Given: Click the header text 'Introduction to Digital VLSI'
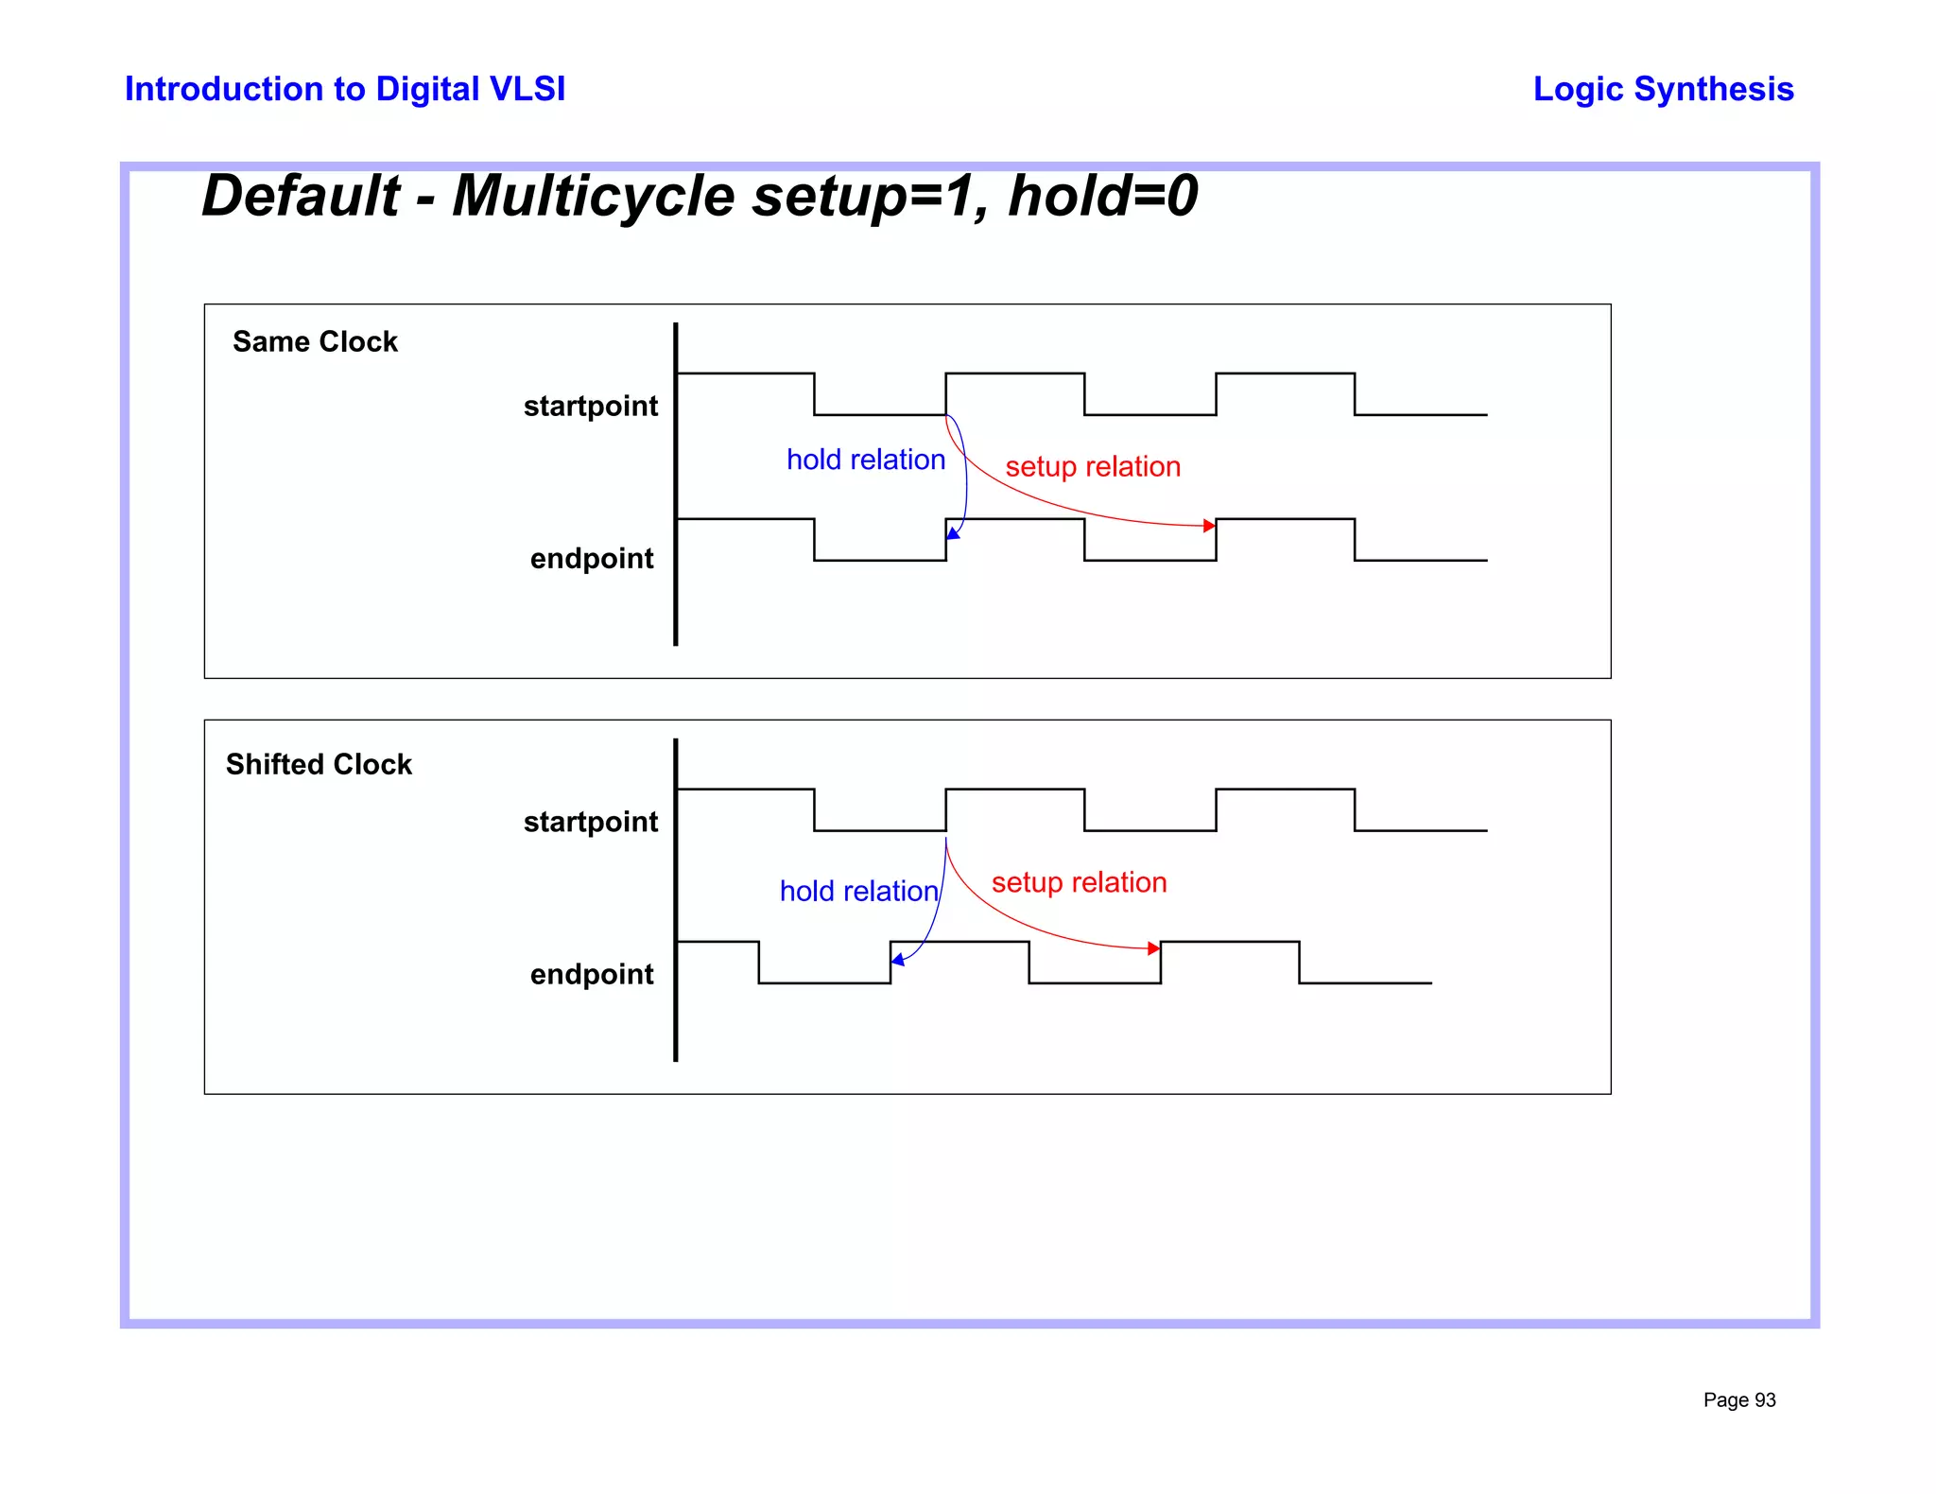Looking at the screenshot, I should tap(345, 89).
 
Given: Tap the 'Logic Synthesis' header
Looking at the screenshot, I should tap(1663, 89).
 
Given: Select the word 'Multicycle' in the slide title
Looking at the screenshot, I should tap(593, 196).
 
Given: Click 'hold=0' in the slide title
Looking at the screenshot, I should tap(1103, 196).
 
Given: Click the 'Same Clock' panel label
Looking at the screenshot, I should tap(315, 341).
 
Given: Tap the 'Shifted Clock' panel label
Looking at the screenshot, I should tap(319, 764).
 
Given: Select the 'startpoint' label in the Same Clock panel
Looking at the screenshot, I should tap(591, 406).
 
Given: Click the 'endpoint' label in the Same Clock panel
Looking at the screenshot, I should tap(592, 559).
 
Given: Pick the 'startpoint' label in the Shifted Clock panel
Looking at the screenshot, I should tap(591, 822).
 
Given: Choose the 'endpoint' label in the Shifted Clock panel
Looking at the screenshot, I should tap(592, 974).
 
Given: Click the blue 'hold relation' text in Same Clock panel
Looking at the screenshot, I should tap(866, 460).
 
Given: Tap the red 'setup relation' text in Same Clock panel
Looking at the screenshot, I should tap(1093, 466).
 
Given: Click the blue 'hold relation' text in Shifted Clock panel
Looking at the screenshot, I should tap(858, 891).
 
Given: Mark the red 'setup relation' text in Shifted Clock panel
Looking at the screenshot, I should tap(1079, 882).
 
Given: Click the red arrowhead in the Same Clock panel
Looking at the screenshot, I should tap(1209, 526).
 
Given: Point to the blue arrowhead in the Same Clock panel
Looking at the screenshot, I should tap(953, 534).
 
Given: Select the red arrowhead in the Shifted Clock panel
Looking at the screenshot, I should tap(1153, 948).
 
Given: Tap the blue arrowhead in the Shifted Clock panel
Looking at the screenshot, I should tap(897, 960).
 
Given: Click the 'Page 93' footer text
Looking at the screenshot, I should tap(1739, 1400).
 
